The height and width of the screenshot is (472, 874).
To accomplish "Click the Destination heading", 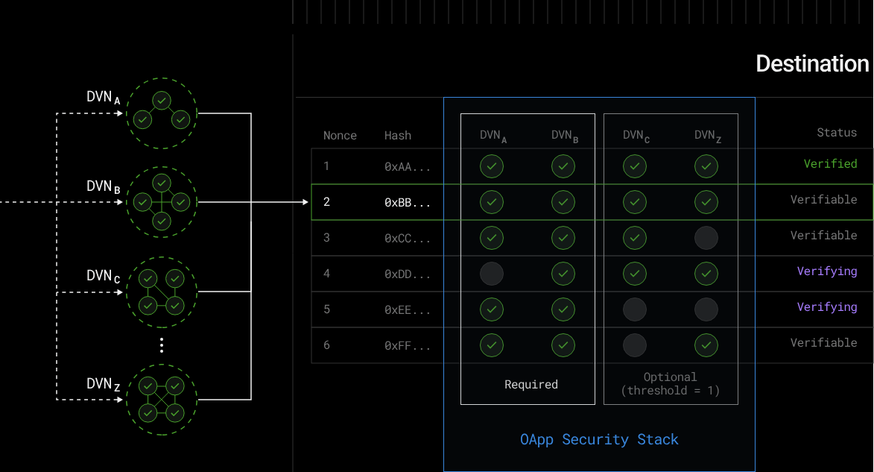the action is click(x=812, y=63).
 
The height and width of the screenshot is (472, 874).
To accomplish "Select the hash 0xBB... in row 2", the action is click(x=407, y=203).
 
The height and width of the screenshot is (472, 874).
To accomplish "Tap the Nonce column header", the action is click(x=340, y=136).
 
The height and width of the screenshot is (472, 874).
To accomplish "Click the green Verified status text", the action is click(x=830, y=163).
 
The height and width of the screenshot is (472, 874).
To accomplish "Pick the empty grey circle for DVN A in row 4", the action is click(x=492, y=274).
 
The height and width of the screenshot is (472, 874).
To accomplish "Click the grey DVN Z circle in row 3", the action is click(x=706, y=238).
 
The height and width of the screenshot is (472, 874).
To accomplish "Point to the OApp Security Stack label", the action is click(x=599, y=440).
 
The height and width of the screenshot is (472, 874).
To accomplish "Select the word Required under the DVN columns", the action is click(x=531, y=385).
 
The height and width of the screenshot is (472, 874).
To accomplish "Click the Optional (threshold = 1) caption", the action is click(x=670, y=384).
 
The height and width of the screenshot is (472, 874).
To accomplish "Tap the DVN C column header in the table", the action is click(x=636, y=136).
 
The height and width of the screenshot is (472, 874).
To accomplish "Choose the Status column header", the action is click(x=837, y=132).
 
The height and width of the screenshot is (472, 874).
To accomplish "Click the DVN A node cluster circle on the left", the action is click(x=162, y=113).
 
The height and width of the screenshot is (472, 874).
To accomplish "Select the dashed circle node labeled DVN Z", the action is click(x=162, y=400).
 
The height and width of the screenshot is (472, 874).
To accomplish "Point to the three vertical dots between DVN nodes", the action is click(x=162, y=345).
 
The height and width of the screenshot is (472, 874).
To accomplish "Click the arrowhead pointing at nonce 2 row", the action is click(x=305, y=202).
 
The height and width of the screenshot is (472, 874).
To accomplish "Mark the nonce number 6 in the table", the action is click(x=326, y=345).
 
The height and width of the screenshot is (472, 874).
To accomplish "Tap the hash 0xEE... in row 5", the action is click(x=407, y=310).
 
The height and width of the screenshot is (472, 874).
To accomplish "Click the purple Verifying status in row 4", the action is click(x=826, y=271).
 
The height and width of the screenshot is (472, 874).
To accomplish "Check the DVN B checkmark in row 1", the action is click(x=563, y=166).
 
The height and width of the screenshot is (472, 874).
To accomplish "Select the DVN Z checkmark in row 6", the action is click(x=706, y=345).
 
